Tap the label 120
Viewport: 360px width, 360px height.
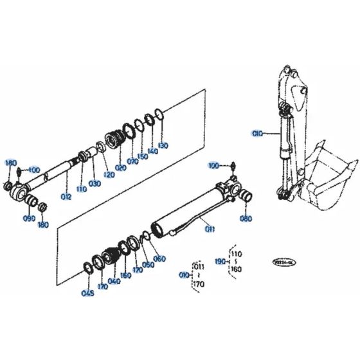tap(104, 175)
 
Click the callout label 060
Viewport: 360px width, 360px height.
tap(159, 258)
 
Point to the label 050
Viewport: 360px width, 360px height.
tap(148, 264)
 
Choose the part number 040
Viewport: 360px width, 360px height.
tap(116, 280)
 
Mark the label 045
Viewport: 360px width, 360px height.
tap(87, 294)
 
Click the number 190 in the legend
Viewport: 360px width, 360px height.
tap(220, 261)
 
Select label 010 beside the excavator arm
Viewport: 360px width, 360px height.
tap(257, 133)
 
